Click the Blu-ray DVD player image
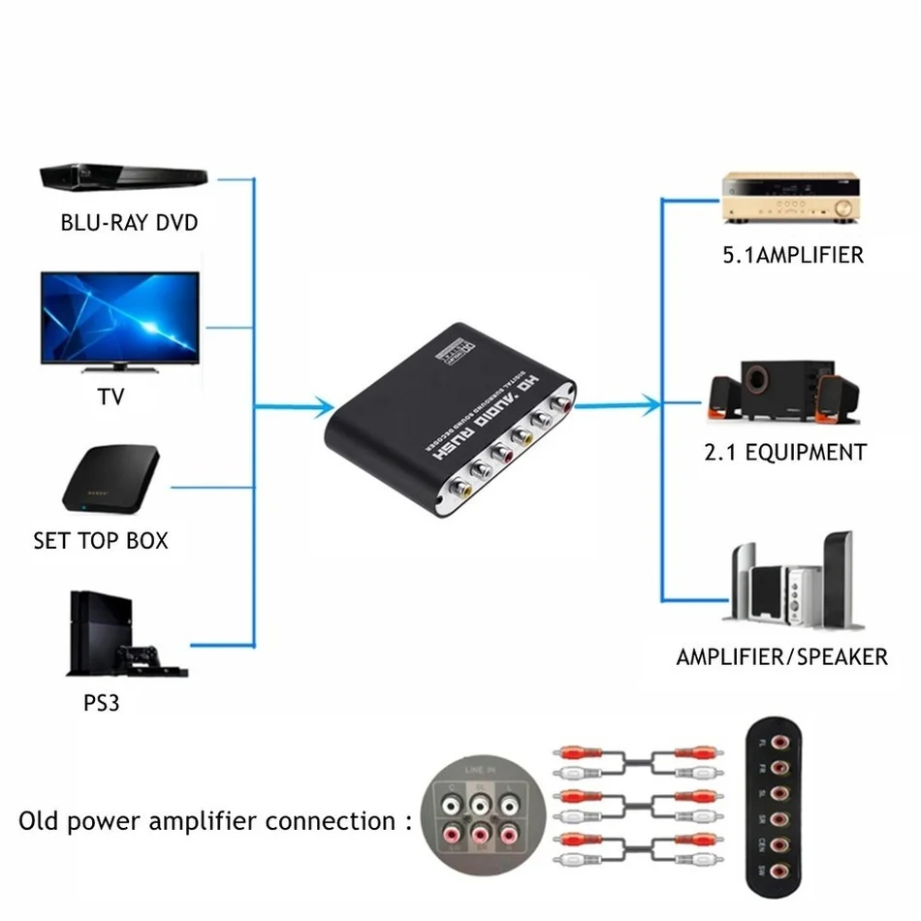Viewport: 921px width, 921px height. (x=123, y=177)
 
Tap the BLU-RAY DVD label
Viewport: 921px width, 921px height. (x=129, y=223)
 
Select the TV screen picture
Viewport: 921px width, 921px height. (x=119, y=317)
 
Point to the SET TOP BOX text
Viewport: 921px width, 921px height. (x=101, y=541)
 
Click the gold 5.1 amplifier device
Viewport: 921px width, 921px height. (x=792, y=198)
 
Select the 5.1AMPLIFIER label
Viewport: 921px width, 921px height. (x=792, y=256)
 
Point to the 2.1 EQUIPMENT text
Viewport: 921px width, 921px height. (x=786, y=453)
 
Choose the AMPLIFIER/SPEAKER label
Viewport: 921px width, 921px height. (x=781, y=657)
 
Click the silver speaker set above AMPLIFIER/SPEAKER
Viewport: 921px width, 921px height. (x=790, y=582)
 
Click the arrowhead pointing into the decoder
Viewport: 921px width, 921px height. (x=323, y=407)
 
